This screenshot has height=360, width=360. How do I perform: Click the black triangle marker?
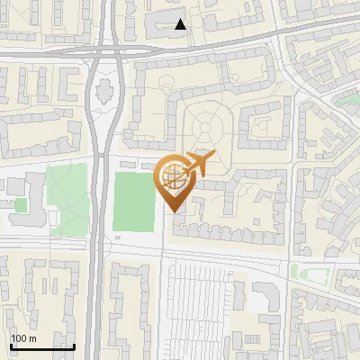coord(181,24)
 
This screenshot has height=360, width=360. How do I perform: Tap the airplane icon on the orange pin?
coord(198,163)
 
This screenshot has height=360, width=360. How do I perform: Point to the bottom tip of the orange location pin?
coord(173,211)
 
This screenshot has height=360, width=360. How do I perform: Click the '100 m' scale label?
coord(23,337)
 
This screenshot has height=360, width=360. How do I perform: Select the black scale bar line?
coord(41,346)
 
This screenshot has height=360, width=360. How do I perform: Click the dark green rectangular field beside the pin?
coord(133,201)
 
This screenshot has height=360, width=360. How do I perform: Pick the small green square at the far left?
coord(21,205)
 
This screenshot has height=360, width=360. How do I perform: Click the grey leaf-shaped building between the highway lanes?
coord(104,90)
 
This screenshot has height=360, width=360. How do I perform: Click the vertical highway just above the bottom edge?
coord(94,346)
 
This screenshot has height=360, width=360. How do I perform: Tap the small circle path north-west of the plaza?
coord(167,84)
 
